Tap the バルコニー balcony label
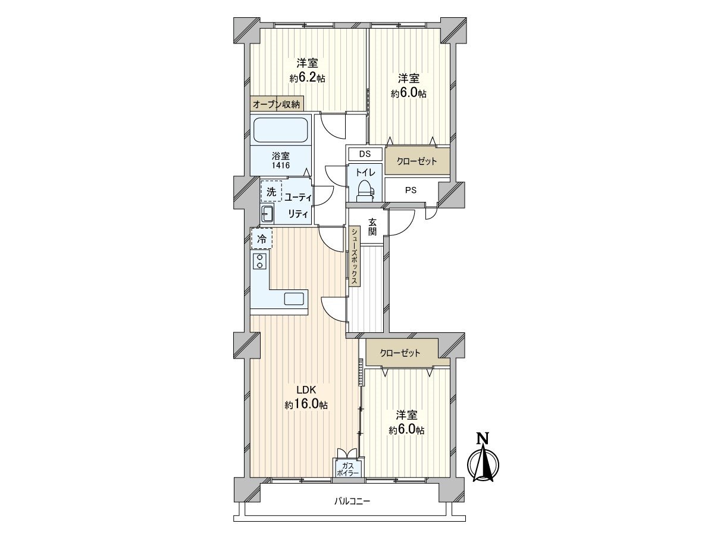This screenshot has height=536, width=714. tap(351, 501)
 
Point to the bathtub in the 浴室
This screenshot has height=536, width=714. tap(280, 129)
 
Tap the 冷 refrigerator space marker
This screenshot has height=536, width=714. tap(262, 239)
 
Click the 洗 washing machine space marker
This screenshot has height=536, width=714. tap(271, 192)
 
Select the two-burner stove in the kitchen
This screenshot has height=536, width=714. tap(259, 261)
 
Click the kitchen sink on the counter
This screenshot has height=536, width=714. tap(295, 299)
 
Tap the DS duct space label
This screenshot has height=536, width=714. tap(365, 154)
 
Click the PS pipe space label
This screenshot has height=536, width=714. tap(411, 191)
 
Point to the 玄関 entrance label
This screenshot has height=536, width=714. tap(372, 227)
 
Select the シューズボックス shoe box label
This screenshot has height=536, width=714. tap(354, 257)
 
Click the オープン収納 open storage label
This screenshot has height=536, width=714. tap(277, 104)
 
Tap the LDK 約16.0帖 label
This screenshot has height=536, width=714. tap(306, 398)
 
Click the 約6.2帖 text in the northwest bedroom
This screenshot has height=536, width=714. tap(307, 78)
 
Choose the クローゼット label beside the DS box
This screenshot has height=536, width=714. tap(416, 161)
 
